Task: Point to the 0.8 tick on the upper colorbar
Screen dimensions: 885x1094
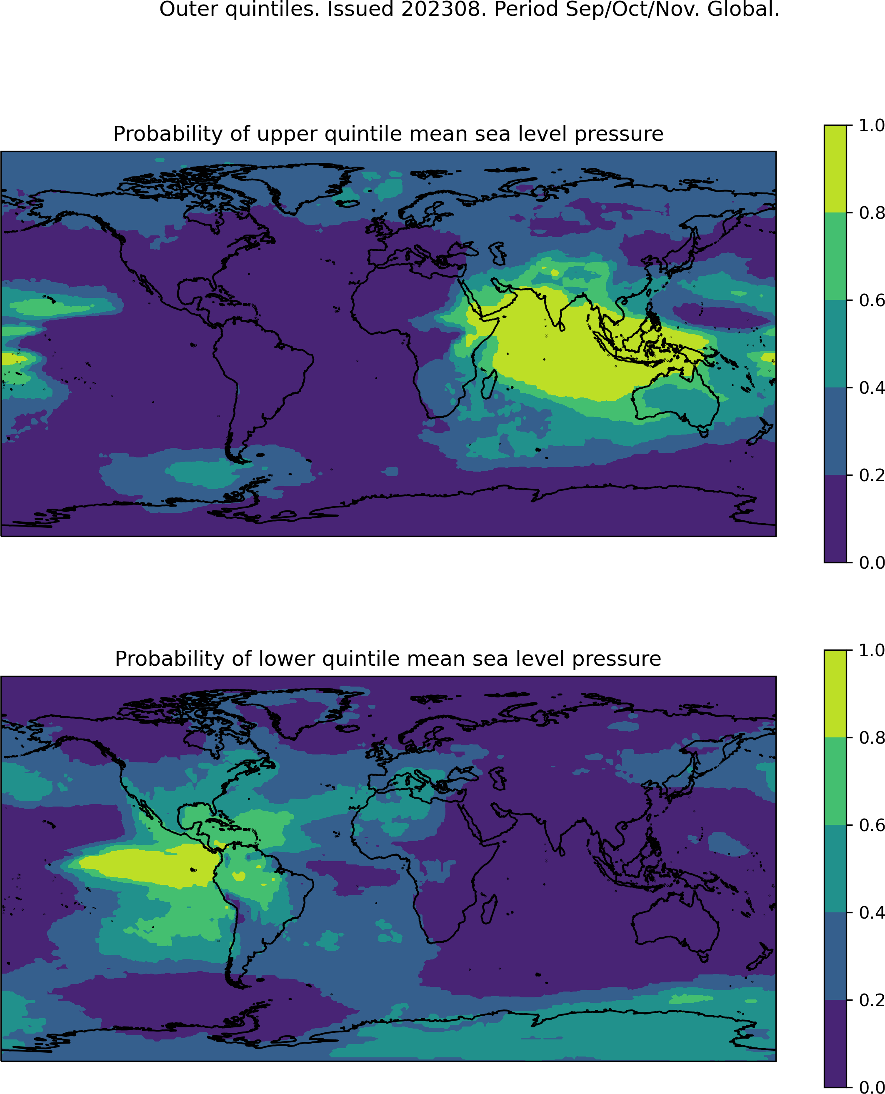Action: click(849, 212)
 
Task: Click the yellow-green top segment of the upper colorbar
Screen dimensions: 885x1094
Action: click(835, 168)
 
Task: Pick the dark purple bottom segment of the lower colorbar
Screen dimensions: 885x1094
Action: click(835, 1043)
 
